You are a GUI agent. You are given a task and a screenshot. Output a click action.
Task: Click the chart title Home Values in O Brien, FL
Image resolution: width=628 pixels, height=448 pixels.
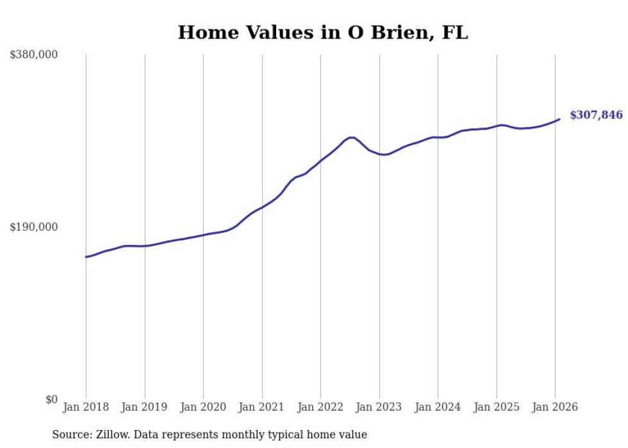[322, 33]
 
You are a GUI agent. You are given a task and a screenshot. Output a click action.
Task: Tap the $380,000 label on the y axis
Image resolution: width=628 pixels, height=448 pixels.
[33, 55]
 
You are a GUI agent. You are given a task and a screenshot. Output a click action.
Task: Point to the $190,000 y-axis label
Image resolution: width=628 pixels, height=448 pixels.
[33, 227]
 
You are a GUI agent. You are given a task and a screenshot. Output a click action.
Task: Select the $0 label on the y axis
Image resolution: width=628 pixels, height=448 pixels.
[51, 399]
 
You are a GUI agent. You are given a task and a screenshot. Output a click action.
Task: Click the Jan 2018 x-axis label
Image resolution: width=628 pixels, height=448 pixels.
[86, 407]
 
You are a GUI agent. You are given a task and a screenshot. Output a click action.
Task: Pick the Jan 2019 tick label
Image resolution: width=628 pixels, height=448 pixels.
[145, 407]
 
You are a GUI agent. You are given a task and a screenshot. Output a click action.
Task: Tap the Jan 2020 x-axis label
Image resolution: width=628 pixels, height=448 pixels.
[203, 407]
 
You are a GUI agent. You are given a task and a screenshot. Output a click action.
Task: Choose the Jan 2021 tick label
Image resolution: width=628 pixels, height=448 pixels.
[262, 407]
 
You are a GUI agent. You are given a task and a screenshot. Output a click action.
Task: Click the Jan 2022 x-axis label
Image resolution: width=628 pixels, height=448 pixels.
[320, 407]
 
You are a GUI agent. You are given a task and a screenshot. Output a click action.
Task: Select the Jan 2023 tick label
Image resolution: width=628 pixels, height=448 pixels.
[379, 407]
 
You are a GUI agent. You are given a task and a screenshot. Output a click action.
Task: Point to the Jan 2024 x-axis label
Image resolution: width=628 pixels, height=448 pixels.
[438, 407]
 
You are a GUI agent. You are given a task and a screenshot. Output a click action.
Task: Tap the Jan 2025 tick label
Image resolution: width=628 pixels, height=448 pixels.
[497, 407]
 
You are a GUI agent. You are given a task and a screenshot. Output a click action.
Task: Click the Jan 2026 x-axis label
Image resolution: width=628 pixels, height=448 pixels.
[555, 407]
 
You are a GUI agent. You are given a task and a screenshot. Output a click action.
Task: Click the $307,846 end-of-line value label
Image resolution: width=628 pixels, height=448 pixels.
[596, 115]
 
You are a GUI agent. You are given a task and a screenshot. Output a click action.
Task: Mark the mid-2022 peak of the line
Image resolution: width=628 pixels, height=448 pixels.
[351, 137]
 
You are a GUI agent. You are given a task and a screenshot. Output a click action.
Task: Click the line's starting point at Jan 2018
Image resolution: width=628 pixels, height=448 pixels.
[86, 257]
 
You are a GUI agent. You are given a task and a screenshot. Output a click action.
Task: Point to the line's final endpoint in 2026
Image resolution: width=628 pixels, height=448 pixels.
[559, 119]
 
